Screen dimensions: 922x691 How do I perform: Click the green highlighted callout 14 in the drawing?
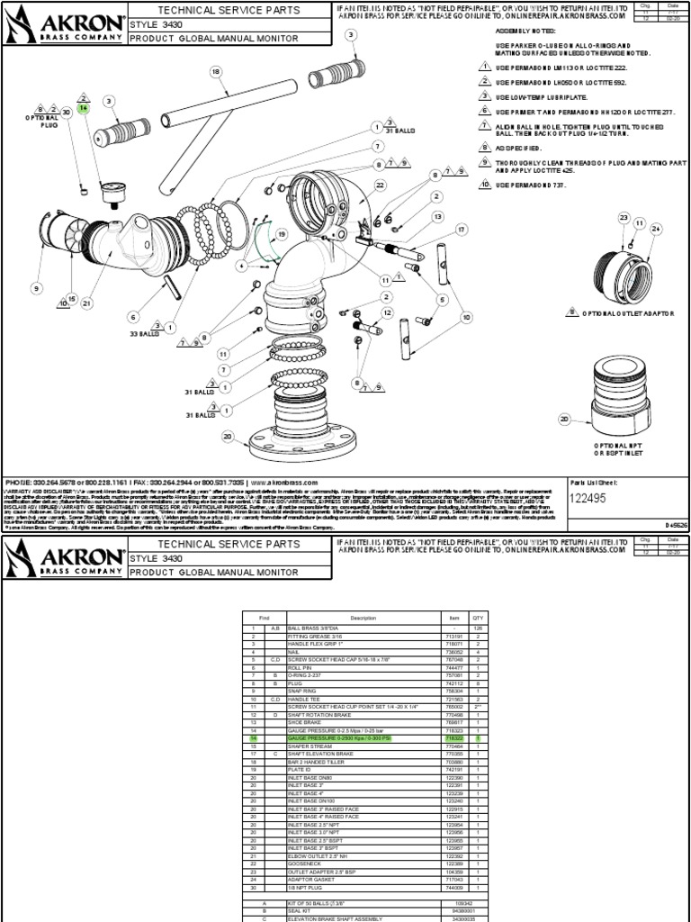click(x=84, y=107)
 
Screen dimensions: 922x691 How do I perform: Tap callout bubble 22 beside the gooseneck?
click(x=381, y=185)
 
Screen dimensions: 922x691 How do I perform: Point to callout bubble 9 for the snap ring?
click(x=37, y=288)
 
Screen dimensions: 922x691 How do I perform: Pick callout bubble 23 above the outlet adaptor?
click(x=623, y=218)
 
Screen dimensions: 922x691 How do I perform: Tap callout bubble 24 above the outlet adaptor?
click(x=656, y=229)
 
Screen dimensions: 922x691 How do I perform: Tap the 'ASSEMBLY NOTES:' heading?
click(x=522, y=30)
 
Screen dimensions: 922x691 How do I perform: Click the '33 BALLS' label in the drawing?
click(x=143, y=333)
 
